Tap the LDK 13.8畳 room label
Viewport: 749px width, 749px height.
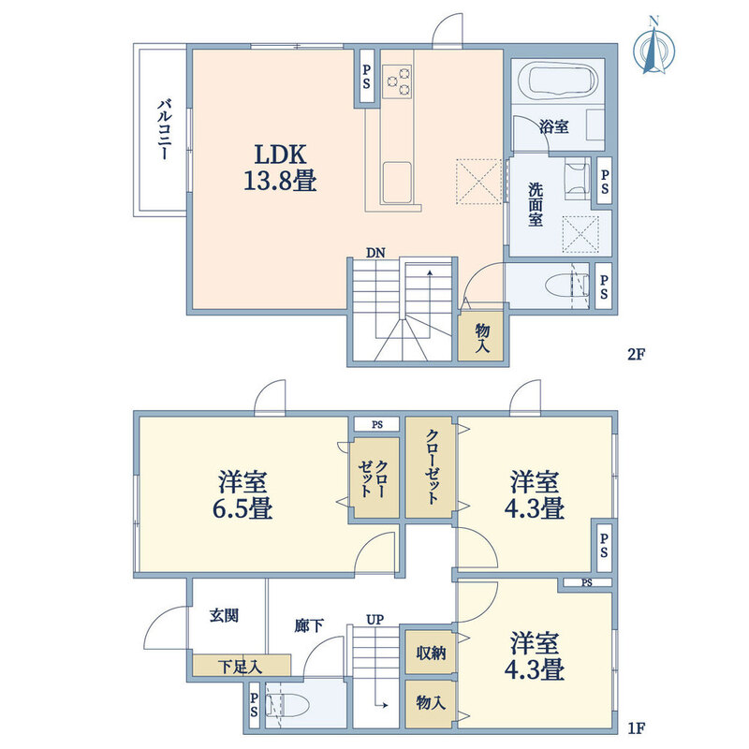(x=280, y=168)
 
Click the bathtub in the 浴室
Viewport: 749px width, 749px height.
(x=563, y=81)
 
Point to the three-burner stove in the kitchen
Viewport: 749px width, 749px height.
(x=397, y=81)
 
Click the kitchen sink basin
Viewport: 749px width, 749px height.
(x=396, y=183)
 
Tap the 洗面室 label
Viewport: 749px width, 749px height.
(x=536, y=204)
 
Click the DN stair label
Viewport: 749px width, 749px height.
(x=375, y=253)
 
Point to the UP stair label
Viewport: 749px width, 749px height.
(x=375, y=620)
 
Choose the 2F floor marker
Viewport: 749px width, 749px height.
(x=636, y=355)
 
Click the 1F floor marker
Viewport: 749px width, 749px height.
(x=637, y=727)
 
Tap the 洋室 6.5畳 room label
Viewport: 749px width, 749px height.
(x=242, y=495)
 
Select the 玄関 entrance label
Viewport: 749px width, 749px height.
(x=224, y=615)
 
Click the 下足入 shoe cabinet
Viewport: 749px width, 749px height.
(x=242, y=665)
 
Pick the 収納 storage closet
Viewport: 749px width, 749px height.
(x=430, y=652)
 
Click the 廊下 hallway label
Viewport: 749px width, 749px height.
(x=309, y=625)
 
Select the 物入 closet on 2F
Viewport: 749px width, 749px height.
(x=481, y=337)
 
